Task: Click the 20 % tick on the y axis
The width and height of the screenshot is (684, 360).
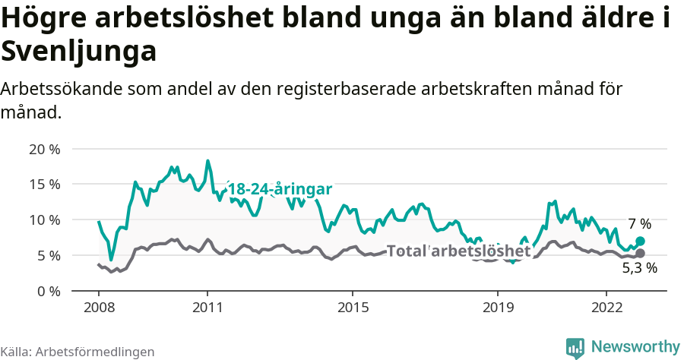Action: tap(43, 149)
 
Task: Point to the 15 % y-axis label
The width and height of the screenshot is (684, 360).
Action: tap(43, 185)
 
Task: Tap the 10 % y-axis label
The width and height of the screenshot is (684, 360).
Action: tap(43, 220)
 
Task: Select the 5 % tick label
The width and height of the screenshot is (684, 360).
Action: tap(47, 256)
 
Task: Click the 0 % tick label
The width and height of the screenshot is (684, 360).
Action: tap(47, 291)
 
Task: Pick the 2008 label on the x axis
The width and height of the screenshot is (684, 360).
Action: tap(99, 308)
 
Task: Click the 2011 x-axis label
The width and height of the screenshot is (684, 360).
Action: tap(207, 308)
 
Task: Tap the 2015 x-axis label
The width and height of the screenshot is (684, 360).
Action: tap(353, 308)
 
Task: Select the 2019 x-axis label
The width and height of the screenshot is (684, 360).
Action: tap(498, 308)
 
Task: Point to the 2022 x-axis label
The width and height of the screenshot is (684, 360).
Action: tap(606, 308)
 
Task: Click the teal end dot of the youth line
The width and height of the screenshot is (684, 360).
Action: tap(640, 241)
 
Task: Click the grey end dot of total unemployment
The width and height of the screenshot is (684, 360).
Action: tap(640, 253)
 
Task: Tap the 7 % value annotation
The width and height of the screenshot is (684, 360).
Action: tap(639, 224)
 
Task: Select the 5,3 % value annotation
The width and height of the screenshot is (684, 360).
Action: tap(639, 268)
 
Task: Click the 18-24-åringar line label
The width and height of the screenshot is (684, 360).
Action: tap(280, 189)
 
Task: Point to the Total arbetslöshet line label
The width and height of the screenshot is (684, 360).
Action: tap(458, 251)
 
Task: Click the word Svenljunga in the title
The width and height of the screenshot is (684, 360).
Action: tap(79, 52)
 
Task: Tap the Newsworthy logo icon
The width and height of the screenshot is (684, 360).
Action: tap(575, 346)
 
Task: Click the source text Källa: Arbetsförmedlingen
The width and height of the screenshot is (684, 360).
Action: tap(78, 352)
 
